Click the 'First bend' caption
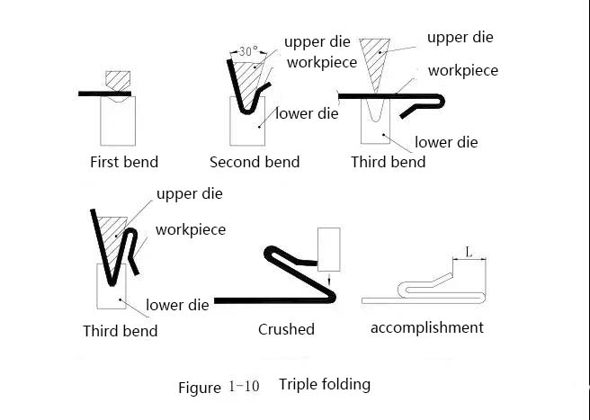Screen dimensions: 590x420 coord(124,162)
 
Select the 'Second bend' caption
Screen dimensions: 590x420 coord(255,162)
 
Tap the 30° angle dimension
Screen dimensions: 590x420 coord(248,51)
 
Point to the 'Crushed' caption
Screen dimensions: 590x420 coord(286,329)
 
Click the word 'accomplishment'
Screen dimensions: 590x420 coord(427,327)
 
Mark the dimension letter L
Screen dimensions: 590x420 coord(469,252)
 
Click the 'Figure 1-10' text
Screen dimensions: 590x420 coord(219,388)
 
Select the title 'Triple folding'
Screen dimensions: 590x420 coord(325,385)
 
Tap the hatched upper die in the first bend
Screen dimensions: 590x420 coord(118,81)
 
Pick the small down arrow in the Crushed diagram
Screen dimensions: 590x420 coord(329,280)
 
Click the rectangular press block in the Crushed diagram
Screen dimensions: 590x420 coord(329,249)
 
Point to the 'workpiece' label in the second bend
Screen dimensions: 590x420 coord(322,62)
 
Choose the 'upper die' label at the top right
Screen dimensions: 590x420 coord(460,37)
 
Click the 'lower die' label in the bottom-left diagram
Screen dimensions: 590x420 coord(177,305)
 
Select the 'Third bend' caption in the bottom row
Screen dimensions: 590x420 coord(121,331)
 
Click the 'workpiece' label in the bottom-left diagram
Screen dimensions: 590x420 coord(191,230)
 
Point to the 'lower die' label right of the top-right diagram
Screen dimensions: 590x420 coord(446,142)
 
